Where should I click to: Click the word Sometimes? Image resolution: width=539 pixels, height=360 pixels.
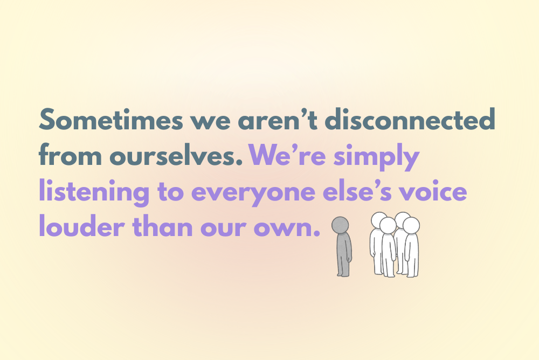click(x=111, y=119)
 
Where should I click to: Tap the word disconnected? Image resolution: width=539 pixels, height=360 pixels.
click(x=410, y=119)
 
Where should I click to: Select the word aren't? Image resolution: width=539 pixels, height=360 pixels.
click(x=278, y=119)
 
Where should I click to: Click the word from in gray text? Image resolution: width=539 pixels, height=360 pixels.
click(x=70, y=155)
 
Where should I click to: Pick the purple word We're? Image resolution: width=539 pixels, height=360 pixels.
click(x=287, y=155)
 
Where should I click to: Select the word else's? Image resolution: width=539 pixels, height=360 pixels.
click(x=357, y=191)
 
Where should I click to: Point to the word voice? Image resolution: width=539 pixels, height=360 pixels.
click(x=433, y=191)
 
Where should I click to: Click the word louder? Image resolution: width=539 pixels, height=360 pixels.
click(x=82, y=226)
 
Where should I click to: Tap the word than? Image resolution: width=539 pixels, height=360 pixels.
click(x=163, y=226)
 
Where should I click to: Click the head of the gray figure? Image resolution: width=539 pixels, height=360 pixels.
click(x=340, y=225)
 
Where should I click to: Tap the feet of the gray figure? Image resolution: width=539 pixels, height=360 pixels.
click(x=343, y=274)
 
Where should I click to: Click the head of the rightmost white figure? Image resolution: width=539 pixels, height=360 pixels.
click(x=411, y=226)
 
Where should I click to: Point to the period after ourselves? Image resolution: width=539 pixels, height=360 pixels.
click(x=240, y=163)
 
